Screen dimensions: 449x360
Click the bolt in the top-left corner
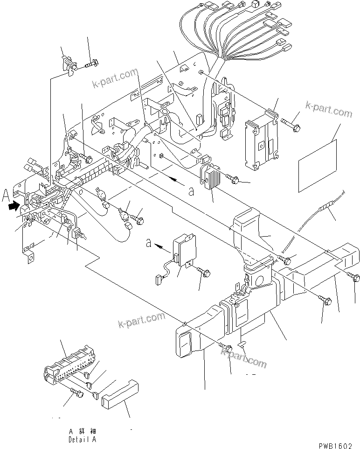[x=91, y=62]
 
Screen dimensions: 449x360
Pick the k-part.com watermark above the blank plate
[x=329, y=111]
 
